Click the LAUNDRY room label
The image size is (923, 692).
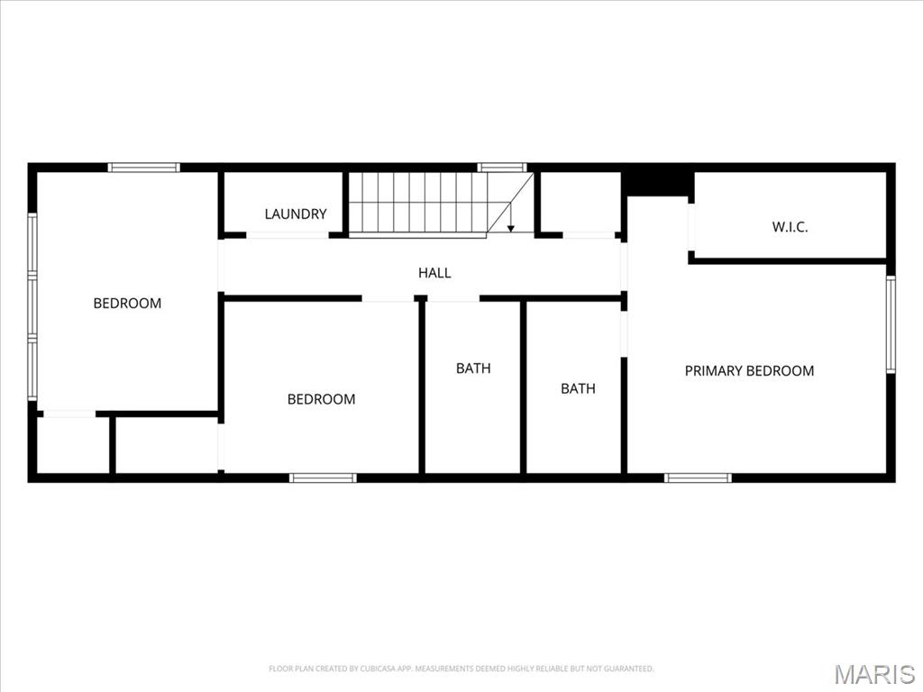click(x=296, y=214)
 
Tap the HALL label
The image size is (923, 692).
click(x=434, y=272)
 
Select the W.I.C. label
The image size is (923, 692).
click(x=790, y=226)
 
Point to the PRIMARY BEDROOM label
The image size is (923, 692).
click(x=749, y=370)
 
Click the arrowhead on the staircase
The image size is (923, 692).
click(x=511, y=227)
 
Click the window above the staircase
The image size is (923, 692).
click(x=501, y=167)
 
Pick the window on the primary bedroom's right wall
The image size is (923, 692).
click(x=891, y=324)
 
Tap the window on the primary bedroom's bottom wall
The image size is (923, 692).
click(x=699, y=478)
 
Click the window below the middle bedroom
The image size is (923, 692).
click(x=323, y=478)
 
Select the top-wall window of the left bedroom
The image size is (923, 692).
click(x=144, y=167)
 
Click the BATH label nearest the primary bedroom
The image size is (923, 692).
click(x=578, y=388)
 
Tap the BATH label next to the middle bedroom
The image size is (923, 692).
click(x=473, y=368)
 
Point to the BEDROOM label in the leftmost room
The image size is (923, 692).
click(x=127, y=303)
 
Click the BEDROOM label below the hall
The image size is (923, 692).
click(x=322, y=399)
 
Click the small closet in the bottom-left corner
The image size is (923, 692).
click(x=73, y=445)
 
